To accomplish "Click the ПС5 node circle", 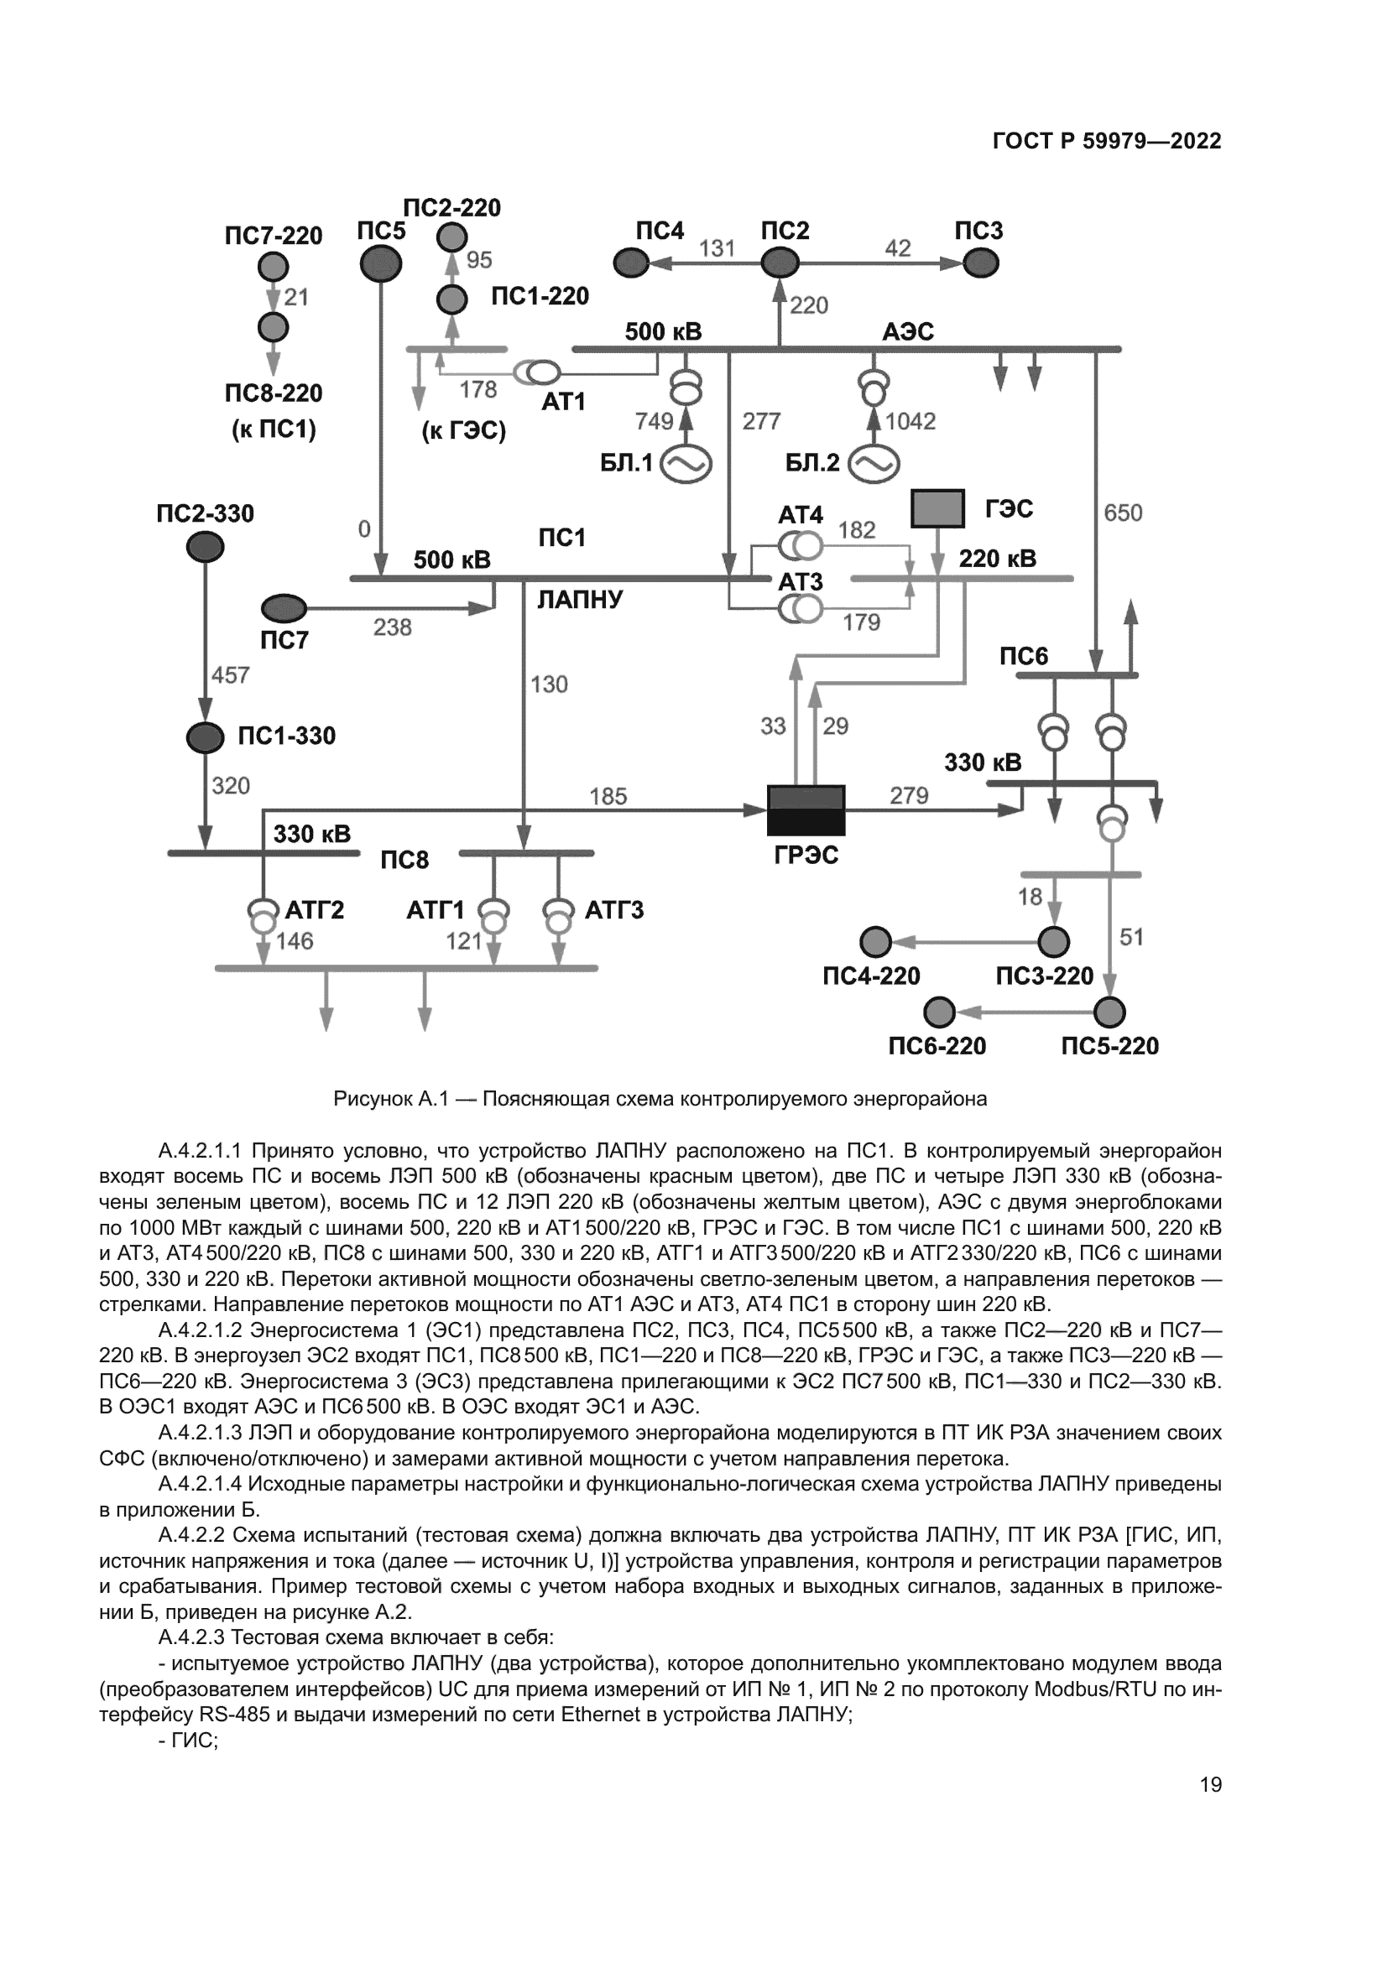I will pos(380,264).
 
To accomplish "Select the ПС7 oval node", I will pos(284,608).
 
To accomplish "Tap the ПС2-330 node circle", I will pos(205,547).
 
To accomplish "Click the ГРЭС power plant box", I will pos(806,810).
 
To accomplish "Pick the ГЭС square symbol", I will pos(937,508).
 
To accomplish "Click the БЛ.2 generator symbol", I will pos(874,464).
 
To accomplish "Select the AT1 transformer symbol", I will pos(537,372).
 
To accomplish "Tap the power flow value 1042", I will pos(911,421).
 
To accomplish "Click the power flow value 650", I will pos(1122,513).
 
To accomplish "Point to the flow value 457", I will pos(230,675).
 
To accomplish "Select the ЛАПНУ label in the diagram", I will pos(581,599).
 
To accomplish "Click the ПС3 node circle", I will pos(980,263).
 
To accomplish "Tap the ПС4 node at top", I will pos(632,263).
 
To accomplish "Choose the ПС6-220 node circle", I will pos(939,1012).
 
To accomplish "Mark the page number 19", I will pos(1210,1785).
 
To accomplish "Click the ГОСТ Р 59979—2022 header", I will pos(1107,142).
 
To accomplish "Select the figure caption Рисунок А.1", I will pos(660,1099).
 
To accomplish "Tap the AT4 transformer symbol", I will pos(800,545).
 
